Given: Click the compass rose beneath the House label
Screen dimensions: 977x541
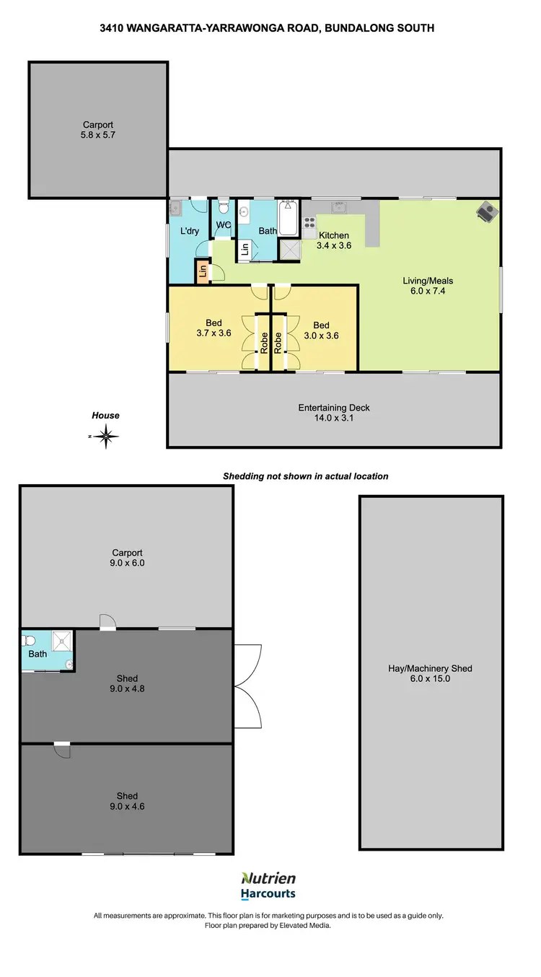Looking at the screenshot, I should point(106,436).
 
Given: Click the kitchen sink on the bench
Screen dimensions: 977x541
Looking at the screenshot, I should point(339,208).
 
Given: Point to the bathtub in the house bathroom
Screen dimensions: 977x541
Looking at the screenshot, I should point(289,219).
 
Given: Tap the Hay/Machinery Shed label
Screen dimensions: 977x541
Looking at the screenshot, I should point(430,674).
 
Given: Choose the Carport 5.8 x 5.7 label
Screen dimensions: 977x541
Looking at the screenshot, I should point(98,130).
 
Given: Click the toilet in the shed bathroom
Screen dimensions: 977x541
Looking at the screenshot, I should point(29,639).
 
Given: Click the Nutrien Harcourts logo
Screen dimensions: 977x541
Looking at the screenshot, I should point(268,885).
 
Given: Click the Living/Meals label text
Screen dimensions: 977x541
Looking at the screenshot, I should point(428,281).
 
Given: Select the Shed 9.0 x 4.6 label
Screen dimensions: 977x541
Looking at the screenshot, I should point(127,802).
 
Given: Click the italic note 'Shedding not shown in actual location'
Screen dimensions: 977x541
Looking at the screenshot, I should point(305,476).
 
